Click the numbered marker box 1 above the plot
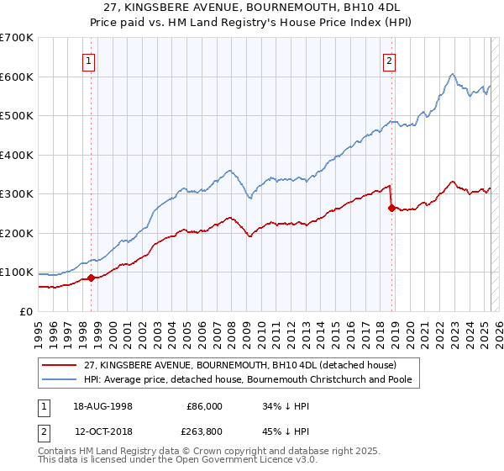90,60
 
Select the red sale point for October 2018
391,208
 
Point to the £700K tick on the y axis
16,38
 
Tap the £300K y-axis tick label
16,194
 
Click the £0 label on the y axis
26,311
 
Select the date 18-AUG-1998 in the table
103,405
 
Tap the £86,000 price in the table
204,405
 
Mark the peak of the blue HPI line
452,74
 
